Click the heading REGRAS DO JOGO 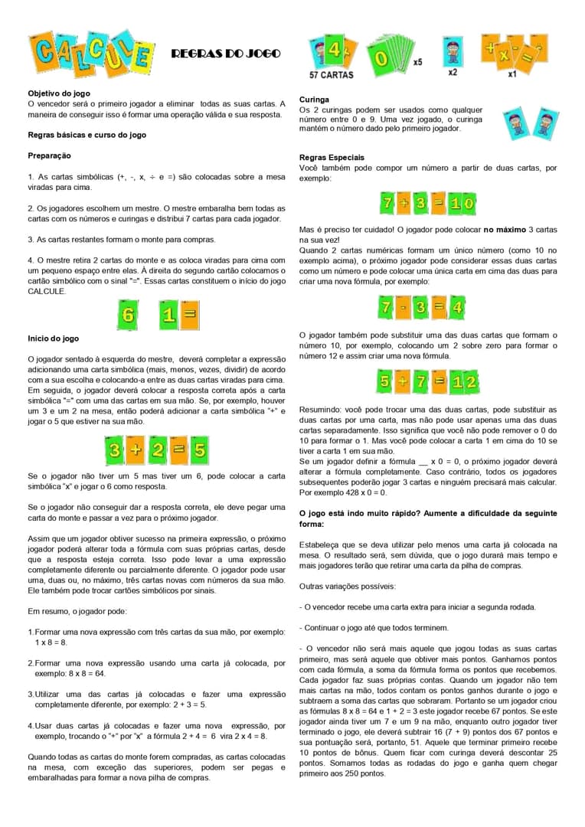[226, 54]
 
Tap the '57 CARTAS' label [331, 75]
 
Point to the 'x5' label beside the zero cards [417, 61]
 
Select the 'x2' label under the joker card [453, 73]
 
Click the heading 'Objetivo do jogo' [58, 93]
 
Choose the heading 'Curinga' [314, 100]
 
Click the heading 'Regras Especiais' [332, 158]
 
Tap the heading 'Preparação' [50, 155]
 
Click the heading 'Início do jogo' [53, 338]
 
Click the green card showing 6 [129, 314]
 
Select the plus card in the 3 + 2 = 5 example [135, 450]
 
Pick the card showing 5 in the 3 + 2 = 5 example [199, 450]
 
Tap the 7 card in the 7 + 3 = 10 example [388, 204]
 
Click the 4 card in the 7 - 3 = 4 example [456, 308]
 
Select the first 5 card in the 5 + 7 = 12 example [383, 381]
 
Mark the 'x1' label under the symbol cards [511, 74]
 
